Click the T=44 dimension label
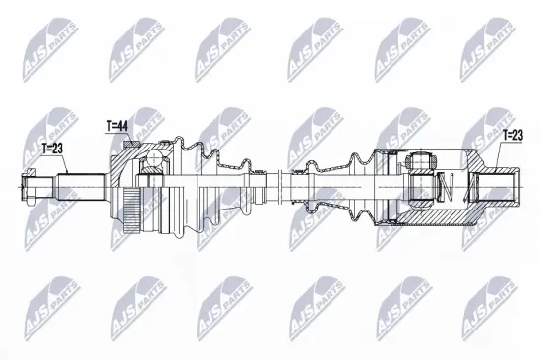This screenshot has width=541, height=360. tap(117, 126)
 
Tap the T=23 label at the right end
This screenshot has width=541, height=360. tap(513, 136)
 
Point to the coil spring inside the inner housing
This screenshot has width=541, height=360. tap(444, 185)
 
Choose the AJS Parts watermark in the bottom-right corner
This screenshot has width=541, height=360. tap(492, 305)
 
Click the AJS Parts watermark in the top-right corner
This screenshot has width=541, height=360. tap(492, 45)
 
